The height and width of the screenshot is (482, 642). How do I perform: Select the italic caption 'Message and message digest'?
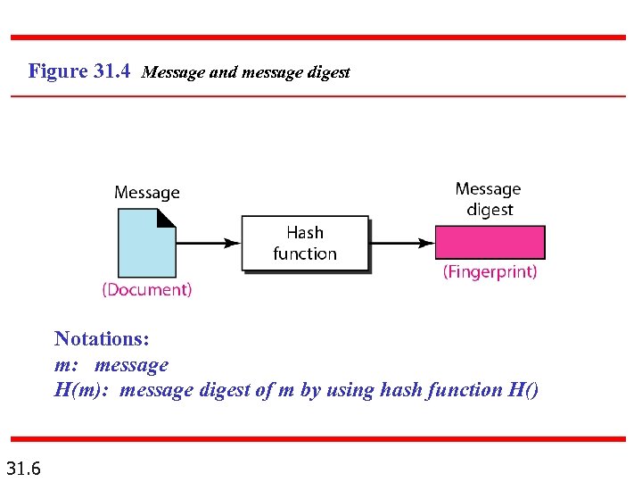[x=245, y=72]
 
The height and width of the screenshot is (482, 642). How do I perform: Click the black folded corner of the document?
[x=166, y=220]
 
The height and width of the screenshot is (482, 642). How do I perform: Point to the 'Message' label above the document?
[x=146, y=193]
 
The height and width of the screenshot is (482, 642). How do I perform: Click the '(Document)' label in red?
[x=146, y=289]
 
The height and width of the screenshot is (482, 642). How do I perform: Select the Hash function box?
[x=305, y=243]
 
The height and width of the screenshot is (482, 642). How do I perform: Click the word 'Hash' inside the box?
[x=305, y=232]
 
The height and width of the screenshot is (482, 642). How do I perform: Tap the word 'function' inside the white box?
[x=305, y=253]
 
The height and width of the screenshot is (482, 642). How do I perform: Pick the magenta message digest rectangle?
[x=490, y=243]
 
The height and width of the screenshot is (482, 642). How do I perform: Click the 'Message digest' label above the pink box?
[x=488, y=199]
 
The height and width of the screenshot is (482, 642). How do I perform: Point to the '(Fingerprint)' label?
[x=490, y=271]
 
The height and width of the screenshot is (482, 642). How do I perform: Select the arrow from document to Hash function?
[x=209, y=243]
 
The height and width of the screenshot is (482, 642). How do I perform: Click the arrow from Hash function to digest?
[x=401, y=243]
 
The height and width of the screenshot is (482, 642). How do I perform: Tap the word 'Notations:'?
[x=102, y=339]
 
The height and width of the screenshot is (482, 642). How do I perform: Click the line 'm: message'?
[x=111, y=364]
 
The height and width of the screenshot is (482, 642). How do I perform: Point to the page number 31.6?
[x=29, y=467]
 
